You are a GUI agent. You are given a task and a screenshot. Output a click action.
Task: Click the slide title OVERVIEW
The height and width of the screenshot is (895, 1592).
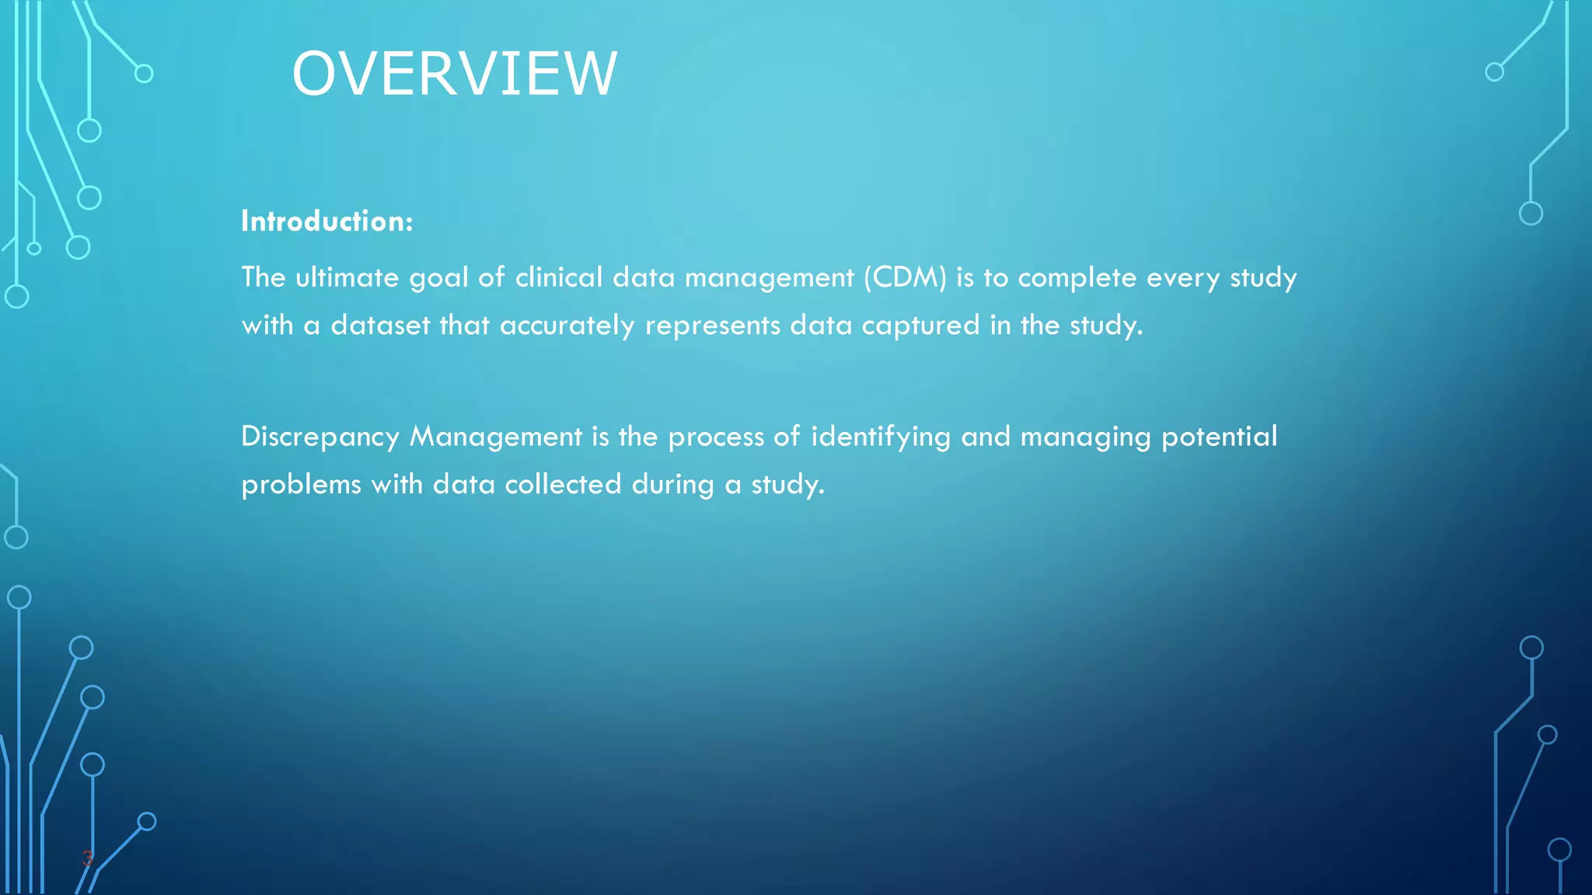[x=454, y=74]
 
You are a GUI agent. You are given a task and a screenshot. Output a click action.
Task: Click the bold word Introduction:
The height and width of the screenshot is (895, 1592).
[x=326, y=221]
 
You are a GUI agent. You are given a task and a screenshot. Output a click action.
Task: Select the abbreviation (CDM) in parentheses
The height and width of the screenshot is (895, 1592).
[x=905, y=277]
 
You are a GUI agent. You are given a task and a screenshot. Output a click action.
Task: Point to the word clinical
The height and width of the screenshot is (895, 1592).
[x=559, y=277]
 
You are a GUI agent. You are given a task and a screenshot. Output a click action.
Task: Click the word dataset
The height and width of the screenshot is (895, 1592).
[x=380, y=325]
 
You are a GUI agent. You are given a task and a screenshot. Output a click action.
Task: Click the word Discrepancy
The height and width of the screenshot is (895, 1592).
[x=320, y=437]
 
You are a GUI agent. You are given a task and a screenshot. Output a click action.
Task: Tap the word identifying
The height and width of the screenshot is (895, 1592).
[x=880, y=437]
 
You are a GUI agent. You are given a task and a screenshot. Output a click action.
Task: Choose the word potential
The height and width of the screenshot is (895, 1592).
[x=1219, y=437]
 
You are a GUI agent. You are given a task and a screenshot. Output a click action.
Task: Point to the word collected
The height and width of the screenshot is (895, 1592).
[x=563, y=485]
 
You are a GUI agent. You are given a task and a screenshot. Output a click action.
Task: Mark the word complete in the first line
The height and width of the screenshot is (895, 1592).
[x=1077, y=277]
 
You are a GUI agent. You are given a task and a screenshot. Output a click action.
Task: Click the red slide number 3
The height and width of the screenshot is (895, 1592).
[x=88, y=858]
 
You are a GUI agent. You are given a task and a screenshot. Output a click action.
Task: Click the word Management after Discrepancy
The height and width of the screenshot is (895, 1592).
[x=496, y=437]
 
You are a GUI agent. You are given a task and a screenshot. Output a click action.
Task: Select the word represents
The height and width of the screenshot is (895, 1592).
[x=712, y=325]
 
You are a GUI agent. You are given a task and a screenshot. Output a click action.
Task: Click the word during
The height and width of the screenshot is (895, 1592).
[x=672, y=485]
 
